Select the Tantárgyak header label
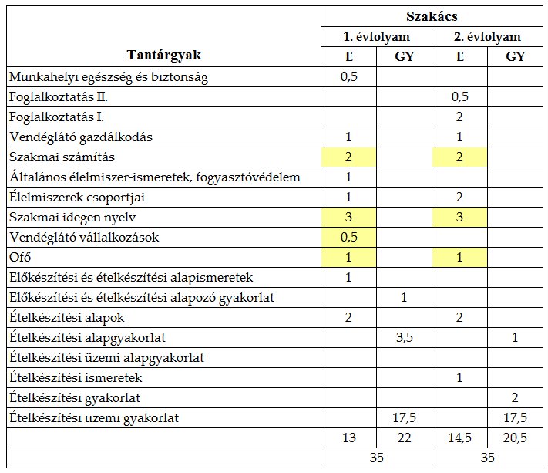[x=165, y=56]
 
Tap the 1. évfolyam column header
[x=377, y=36]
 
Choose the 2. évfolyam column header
[x=488, y=36]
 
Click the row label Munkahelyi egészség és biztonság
[x=109, y=77]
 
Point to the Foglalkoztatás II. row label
[x=58, y=97]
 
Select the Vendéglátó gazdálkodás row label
[x=81, y=137]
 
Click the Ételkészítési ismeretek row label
[x=76, y=378]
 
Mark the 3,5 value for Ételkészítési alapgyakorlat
[x=405, y=338]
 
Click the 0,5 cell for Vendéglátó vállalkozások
[x=349, y=238]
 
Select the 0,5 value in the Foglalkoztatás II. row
[x=460, y=97]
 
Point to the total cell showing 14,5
[x=460, y=438]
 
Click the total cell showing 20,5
[x=516, y=438]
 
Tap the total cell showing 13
[x=349, y=438]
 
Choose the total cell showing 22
[x=405, y=438]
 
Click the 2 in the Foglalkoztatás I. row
[x=460, y=117]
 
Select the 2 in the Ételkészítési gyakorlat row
[x=516, y=398]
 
